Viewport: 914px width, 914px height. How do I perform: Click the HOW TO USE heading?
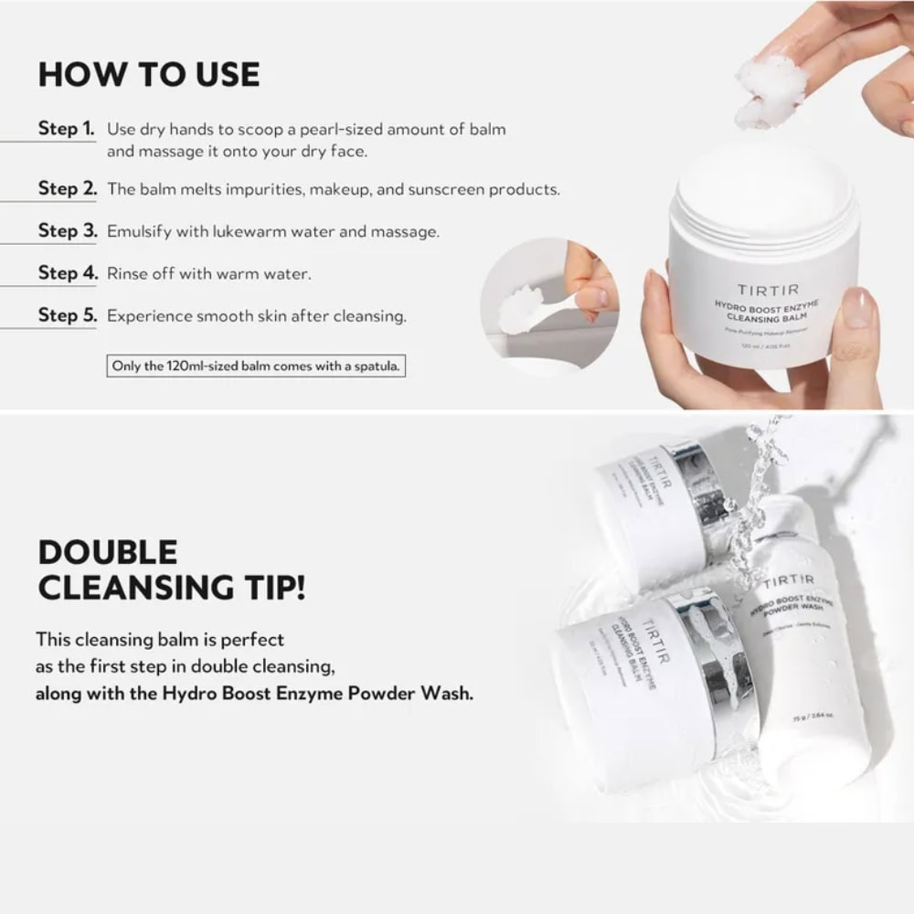(x=148, y=74)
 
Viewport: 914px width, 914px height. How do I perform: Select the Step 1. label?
(x=66, y=128)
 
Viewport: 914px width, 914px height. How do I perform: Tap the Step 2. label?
(x=67, y=188)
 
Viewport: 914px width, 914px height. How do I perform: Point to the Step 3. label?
(x=67, y=230)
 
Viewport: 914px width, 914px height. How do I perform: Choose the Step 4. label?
(x=67, y=272)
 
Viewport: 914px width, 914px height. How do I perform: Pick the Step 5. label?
(x=67, y=315)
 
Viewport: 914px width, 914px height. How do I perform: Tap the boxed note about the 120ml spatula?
(x=255, y=367)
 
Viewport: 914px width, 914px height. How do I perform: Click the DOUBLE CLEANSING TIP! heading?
(x=171, y=569)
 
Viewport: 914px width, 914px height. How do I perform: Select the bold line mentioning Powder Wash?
(x=254, y=693)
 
